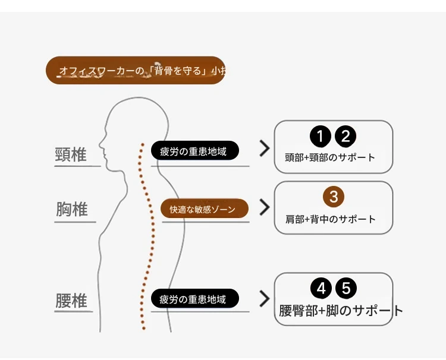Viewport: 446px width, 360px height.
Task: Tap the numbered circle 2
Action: tap(346, 137)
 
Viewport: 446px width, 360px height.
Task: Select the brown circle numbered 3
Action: tap(334, 197)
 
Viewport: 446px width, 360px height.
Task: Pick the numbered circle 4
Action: tap(321, 289)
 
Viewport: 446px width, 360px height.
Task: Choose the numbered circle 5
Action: tap(346, 289)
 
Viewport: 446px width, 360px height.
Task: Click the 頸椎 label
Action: tap(71, 154)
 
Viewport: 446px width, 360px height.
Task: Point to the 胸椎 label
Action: tap(72, 210)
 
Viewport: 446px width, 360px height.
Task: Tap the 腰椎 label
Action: tap(71, 300)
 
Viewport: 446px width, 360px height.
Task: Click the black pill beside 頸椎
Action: tap(194, 151)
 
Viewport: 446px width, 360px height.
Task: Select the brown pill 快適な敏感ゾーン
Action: tap(204, 209)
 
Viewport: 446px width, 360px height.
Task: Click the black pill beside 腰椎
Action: tap(194, 299)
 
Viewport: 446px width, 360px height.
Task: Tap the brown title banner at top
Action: tap(136, 71)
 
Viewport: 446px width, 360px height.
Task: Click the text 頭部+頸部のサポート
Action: tap(330, 158)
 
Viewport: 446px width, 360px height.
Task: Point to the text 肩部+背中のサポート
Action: tap(331, 219)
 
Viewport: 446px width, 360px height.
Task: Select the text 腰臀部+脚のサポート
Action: tap(341, 311)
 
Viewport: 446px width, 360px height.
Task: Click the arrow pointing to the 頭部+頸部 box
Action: tap(265, 149)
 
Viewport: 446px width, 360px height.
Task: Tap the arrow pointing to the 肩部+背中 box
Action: tap(265, 207)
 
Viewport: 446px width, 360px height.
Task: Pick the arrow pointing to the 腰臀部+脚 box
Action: tap(265, 298)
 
